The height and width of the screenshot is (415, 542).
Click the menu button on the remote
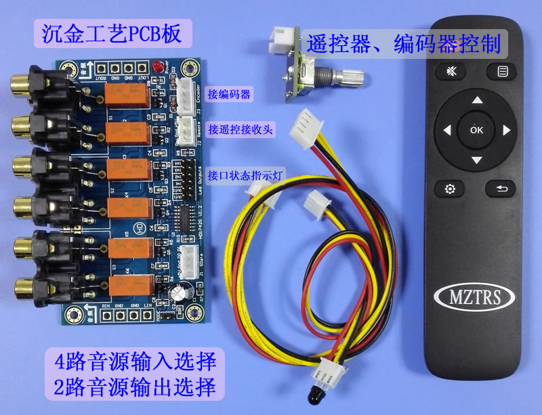502,70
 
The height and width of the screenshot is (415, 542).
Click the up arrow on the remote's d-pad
477,100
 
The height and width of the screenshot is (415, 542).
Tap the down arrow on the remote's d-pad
477,160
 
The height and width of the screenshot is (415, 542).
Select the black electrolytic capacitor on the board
177,292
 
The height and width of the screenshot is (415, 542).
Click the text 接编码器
230,95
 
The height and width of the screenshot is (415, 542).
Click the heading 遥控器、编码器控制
404,45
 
